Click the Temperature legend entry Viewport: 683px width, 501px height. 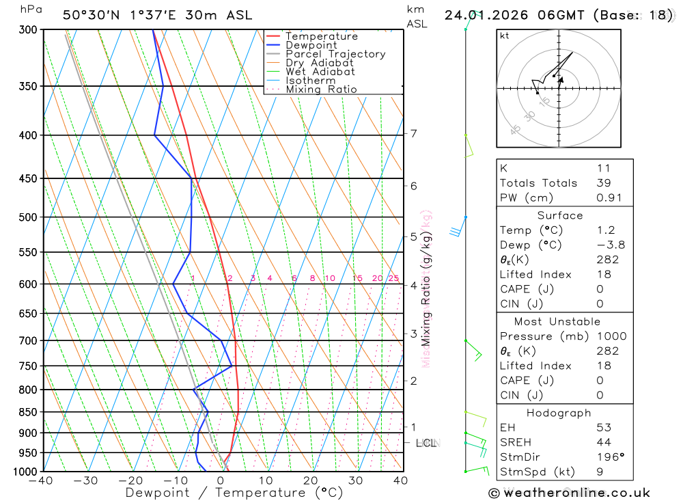[x=321, y=36]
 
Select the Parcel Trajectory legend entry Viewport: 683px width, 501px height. [x=335, y=54]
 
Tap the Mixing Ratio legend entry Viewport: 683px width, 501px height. [x=321, y=90]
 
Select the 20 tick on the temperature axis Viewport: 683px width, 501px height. [x=311, y=480]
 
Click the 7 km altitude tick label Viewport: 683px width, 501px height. [x=414, y=133]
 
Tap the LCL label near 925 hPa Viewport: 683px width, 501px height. [x=426, y=443]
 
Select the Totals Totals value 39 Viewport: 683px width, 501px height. [x=604, y=183]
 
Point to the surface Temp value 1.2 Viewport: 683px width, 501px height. [x=607, y=230]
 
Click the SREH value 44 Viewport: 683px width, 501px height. [x=604, y=442]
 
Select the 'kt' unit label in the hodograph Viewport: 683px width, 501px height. [x=505, y=36]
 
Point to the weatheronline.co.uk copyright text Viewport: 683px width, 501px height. [x=569, y=493]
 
